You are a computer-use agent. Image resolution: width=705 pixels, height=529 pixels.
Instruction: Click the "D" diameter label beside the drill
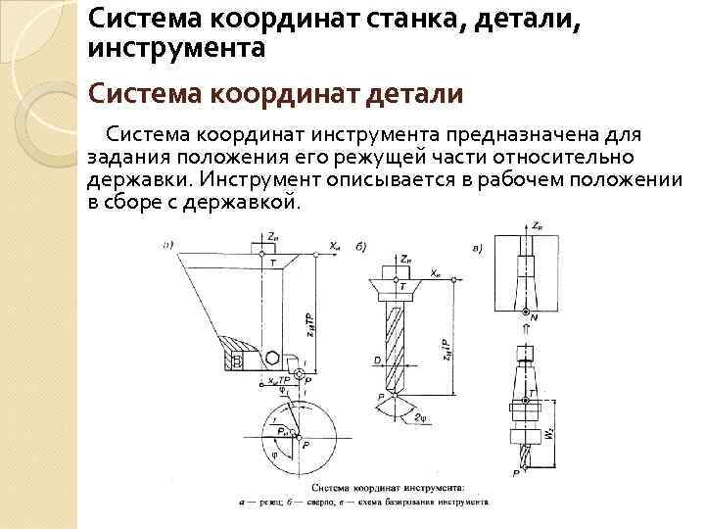[x=377, y=361]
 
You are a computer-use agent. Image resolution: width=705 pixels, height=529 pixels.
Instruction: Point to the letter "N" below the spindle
[x=533, y=318]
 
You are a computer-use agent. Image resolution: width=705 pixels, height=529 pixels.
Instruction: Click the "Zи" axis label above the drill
[x=404, y=258]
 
